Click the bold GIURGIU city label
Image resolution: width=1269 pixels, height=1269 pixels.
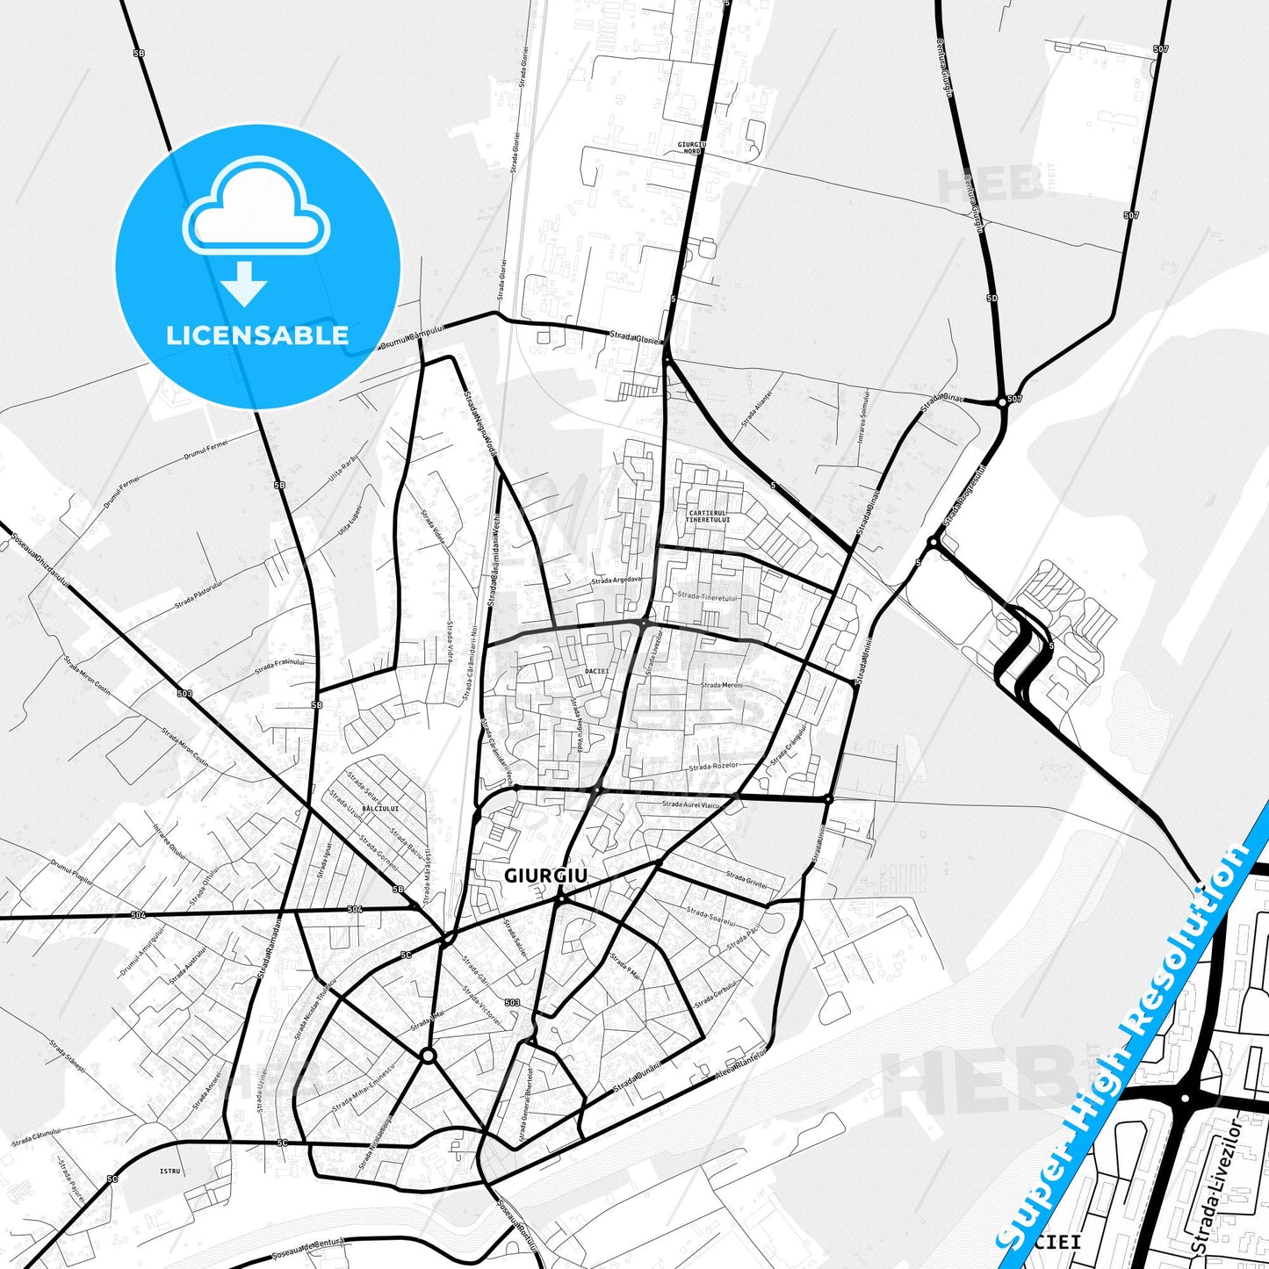coord(545,876)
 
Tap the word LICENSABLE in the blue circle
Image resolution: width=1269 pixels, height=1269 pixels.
coord(257,335)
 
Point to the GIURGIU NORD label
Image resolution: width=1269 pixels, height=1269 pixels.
coord(692,147)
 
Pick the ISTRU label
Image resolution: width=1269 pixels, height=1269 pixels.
coord(169,1172)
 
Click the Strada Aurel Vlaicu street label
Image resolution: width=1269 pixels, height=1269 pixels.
coord(691,804)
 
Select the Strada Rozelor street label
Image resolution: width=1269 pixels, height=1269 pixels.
coord(712,767)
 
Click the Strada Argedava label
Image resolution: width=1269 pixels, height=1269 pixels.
coord(616,580)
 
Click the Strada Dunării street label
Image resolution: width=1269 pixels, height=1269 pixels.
coord(636,1074)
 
